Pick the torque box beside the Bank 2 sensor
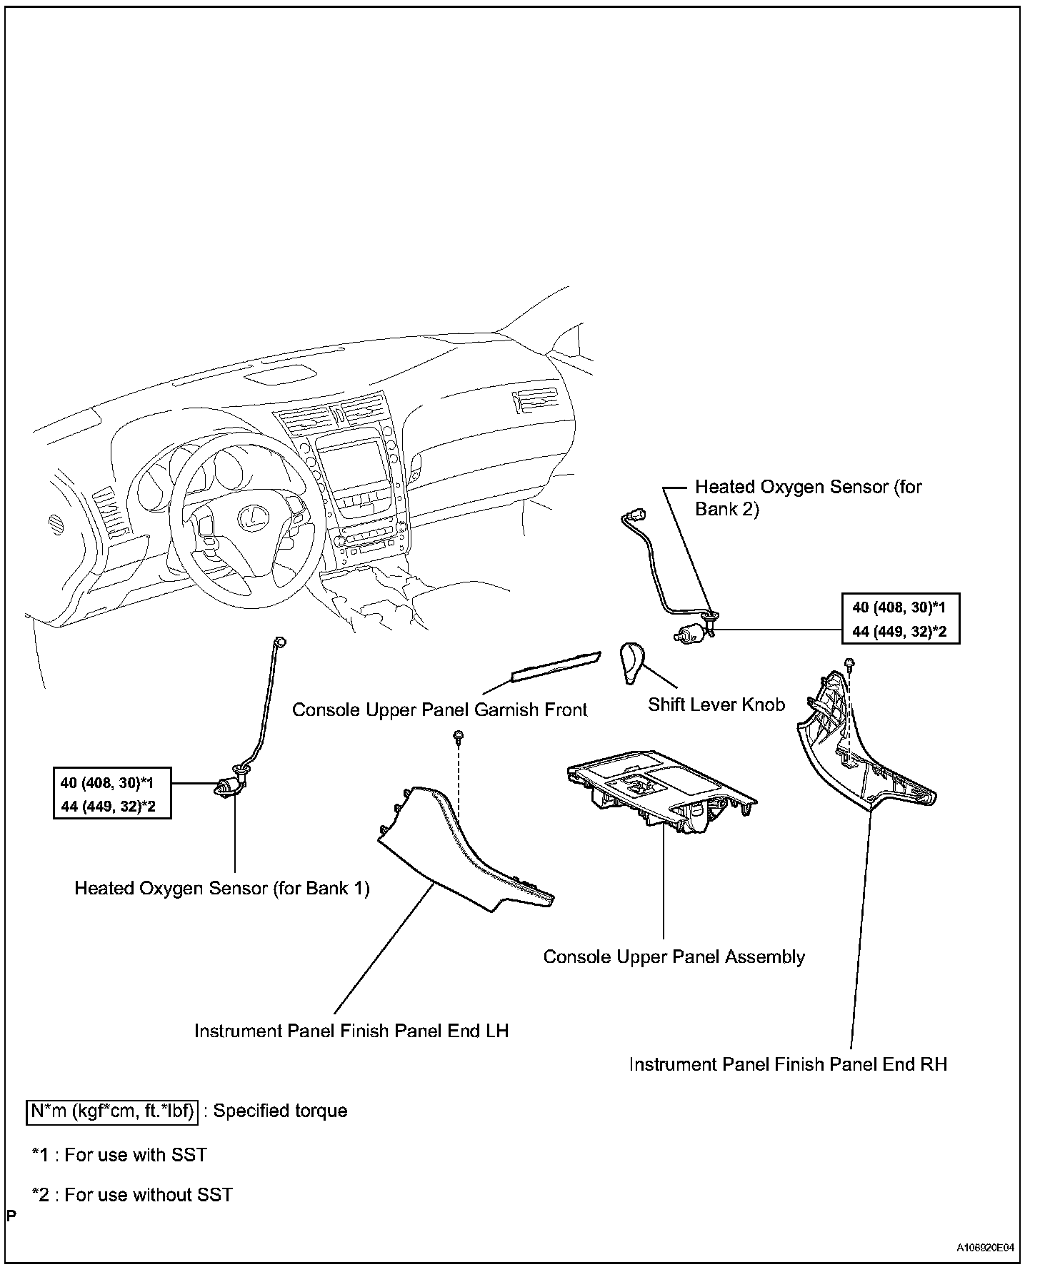point(900,619)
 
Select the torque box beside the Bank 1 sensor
point(112,792)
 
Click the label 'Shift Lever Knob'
point(716,705)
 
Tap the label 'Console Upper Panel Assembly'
point(674,957)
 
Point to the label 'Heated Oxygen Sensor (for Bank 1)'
point(222,888)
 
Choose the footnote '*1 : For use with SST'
point(119,1155)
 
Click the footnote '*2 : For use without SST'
point(132,1195)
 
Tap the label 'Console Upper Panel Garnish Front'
point(439,710)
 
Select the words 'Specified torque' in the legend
point(281,1111)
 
